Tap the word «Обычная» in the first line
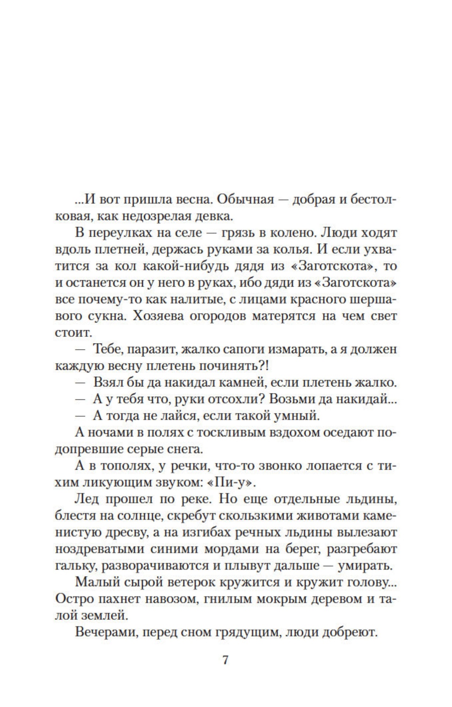pyautogui.click(x=244, y=200)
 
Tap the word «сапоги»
pyautogui.click(x=253, y=350)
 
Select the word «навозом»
pyautogui.click(x=174, y=599)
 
